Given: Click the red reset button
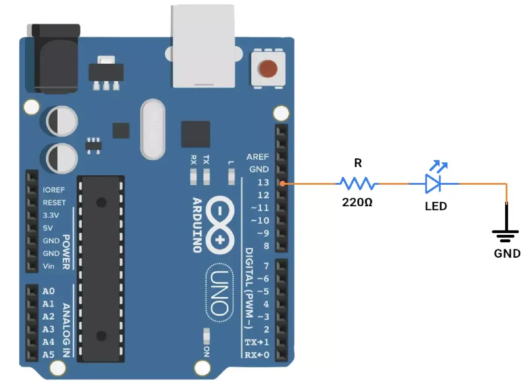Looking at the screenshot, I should coord(268,69).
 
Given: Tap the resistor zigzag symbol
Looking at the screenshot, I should coord(357,183).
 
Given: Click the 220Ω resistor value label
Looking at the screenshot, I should coord(357,203).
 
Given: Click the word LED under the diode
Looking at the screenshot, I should coord(436,206).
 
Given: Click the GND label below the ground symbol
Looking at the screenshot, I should coord(507,254).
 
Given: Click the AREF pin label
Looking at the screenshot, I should coord(257,157).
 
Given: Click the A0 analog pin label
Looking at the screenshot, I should coord(48,291).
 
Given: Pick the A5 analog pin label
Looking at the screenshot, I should coord(48,354).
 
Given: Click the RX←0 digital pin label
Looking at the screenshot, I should coord(257,354).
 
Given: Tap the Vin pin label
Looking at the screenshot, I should coord(49,266).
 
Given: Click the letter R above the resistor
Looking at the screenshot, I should coord(358,164).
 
